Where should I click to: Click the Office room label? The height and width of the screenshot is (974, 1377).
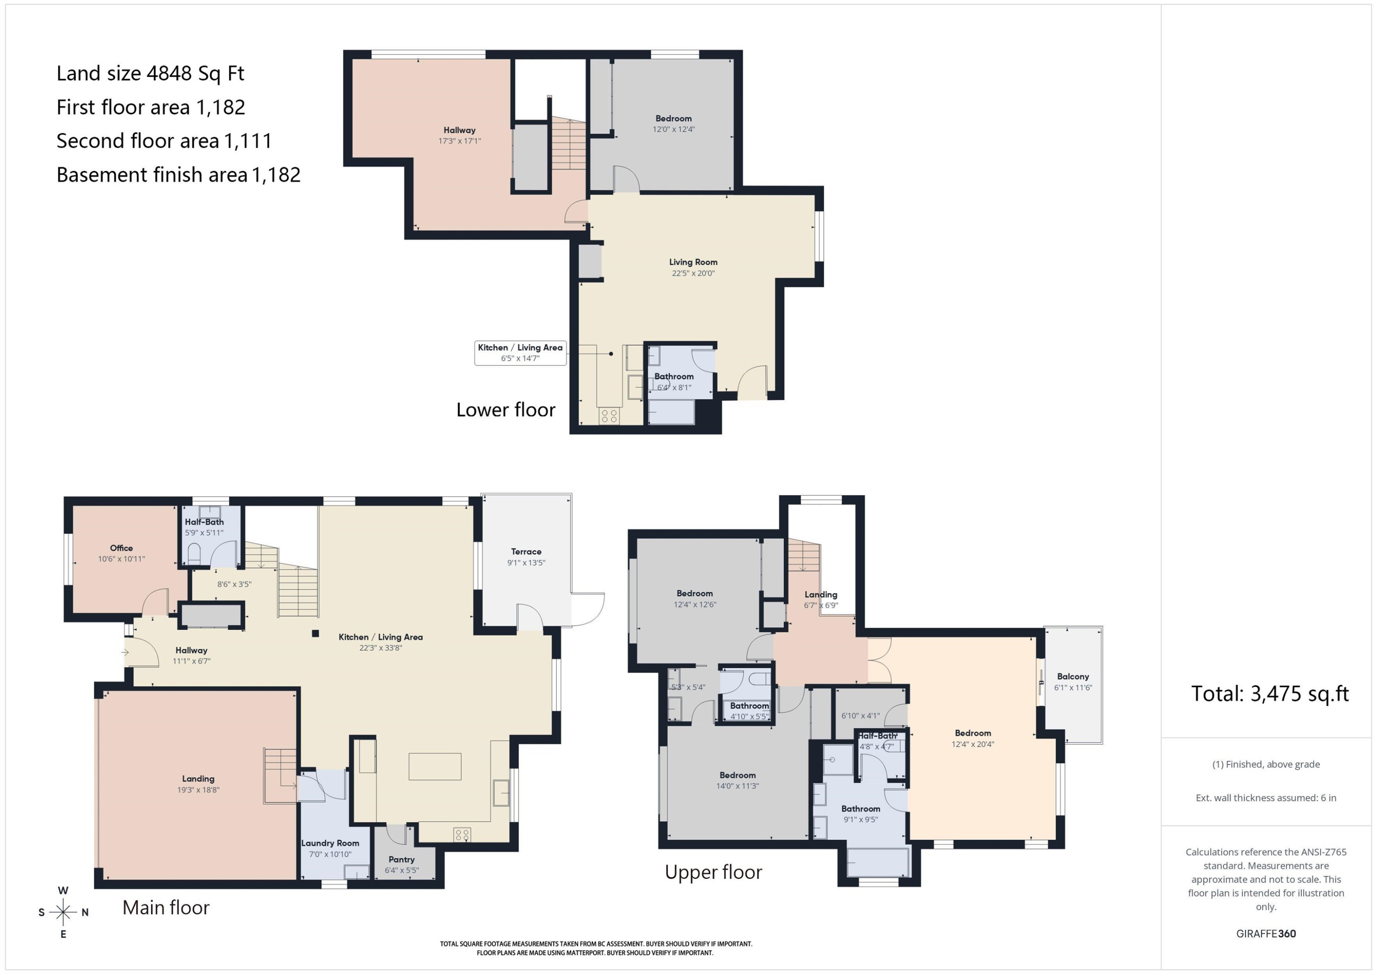121,548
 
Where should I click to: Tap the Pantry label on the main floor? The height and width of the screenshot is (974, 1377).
401,859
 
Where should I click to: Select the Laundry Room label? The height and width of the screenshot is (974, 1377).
330,843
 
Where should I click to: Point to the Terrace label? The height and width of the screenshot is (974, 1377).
526,551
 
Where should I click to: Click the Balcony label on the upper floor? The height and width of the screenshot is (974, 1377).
1072,677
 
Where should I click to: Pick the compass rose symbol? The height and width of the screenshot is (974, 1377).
63,912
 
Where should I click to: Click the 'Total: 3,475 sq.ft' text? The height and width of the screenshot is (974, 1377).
1270,694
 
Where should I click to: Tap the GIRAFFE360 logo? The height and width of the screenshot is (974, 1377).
1266,934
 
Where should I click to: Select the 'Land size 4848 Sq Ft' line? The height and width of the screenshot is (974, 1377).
150,73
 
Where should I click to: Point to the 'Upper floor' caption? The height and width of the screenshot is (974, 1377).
713,873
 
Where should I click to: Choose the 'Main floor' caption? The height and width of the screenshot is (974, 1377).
166,907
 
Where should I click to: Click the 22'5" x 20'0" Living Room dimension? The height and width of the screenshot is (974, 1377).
693,274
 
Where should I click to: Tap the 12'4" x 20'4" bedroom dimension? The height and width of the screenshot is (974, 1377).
973,744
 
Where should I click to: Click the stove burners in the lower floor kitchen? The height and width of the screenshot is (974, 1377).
610,416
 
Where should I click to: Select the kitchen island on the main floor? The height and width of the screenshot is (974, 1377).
435,767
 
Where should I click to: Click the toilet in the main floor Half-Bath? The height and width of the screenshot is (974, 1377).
194,554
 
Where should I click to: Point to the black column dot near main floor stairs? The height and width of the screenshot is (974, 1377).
315,633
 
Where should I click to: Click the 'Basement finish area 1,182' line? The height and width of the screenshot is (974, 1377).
178,174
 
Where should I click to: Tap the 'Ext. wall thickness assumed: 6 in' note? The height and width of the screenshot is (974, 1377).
1266,798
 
